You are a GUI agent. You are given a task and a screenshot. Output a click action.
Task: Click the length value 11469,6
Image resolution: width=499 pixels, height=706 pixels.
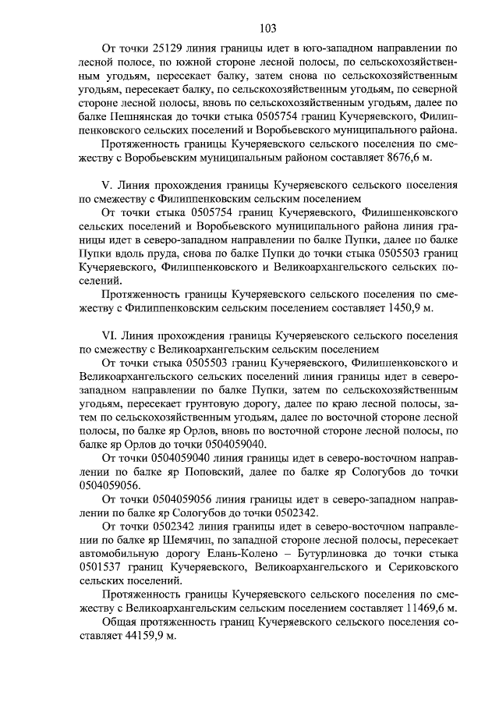click(412, 608)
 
